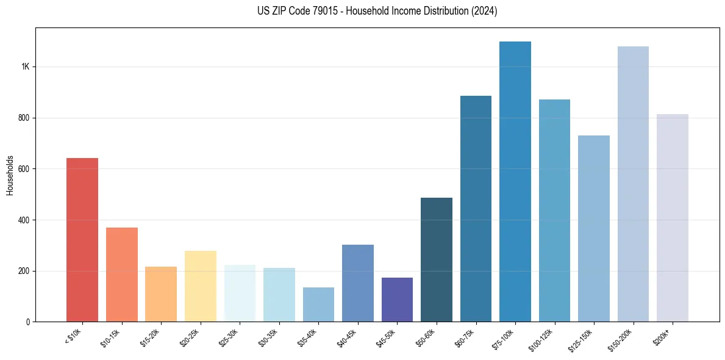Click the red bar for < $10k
(x=82, y=240)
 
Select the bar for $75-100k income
(x=515, y=182)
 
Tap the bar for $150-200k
(x=633, y=184)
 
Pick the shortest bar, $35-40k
(x=318, y=304)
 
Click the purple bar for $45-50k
(x=397, y=300)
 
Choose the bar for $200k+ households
(x=673, y=218)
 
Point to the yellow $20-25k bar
(x=201, y=286)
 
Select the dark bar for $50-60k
(x=437, y=260)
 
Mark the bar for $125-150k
(x=594, y=229)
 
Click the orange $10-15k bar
(x=122, y=275)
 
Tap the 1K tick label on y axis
(x=24, y=67)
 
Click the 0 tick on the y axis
(x=27, y=322)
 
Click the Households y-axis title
(x=10, y=175)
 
